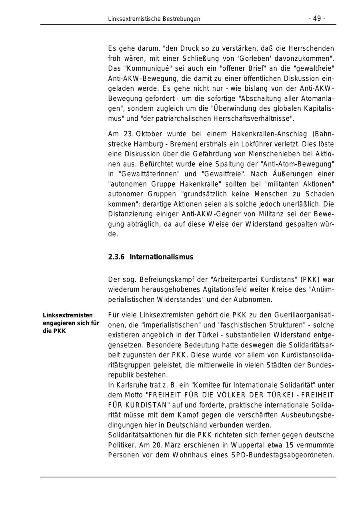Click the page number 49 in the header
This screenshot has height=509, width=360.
click(317, 18)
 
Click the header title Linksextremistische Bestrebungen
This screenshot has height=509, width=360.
click(154, 19)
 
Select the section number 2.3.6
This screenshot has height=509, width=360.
click(116, 257)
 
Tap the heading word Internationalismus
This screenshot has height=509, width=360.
click(161, 257)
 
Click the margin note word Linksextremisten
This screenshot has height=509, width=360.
click(68, 315)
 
